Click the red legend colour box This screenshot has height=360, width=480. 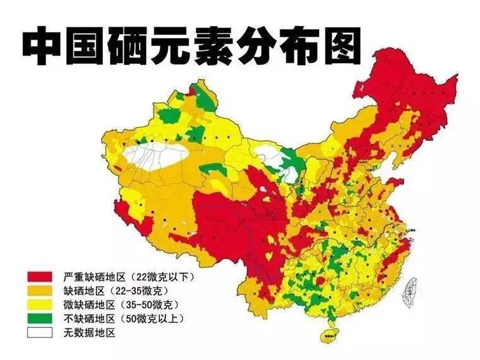[39, 277]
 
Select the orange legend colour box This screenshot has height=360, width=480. [39, 291]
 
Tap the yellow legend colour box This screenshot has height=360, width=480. [39, 305]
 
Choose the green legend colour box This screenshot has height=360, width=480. [39, 319]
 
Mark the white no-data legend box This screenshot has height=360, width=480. [39, 333]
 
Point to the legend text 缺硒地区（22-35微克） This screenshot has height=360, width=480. [116, 291]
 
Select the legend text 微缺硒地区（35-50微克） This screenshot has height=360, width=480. [121, 305]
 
